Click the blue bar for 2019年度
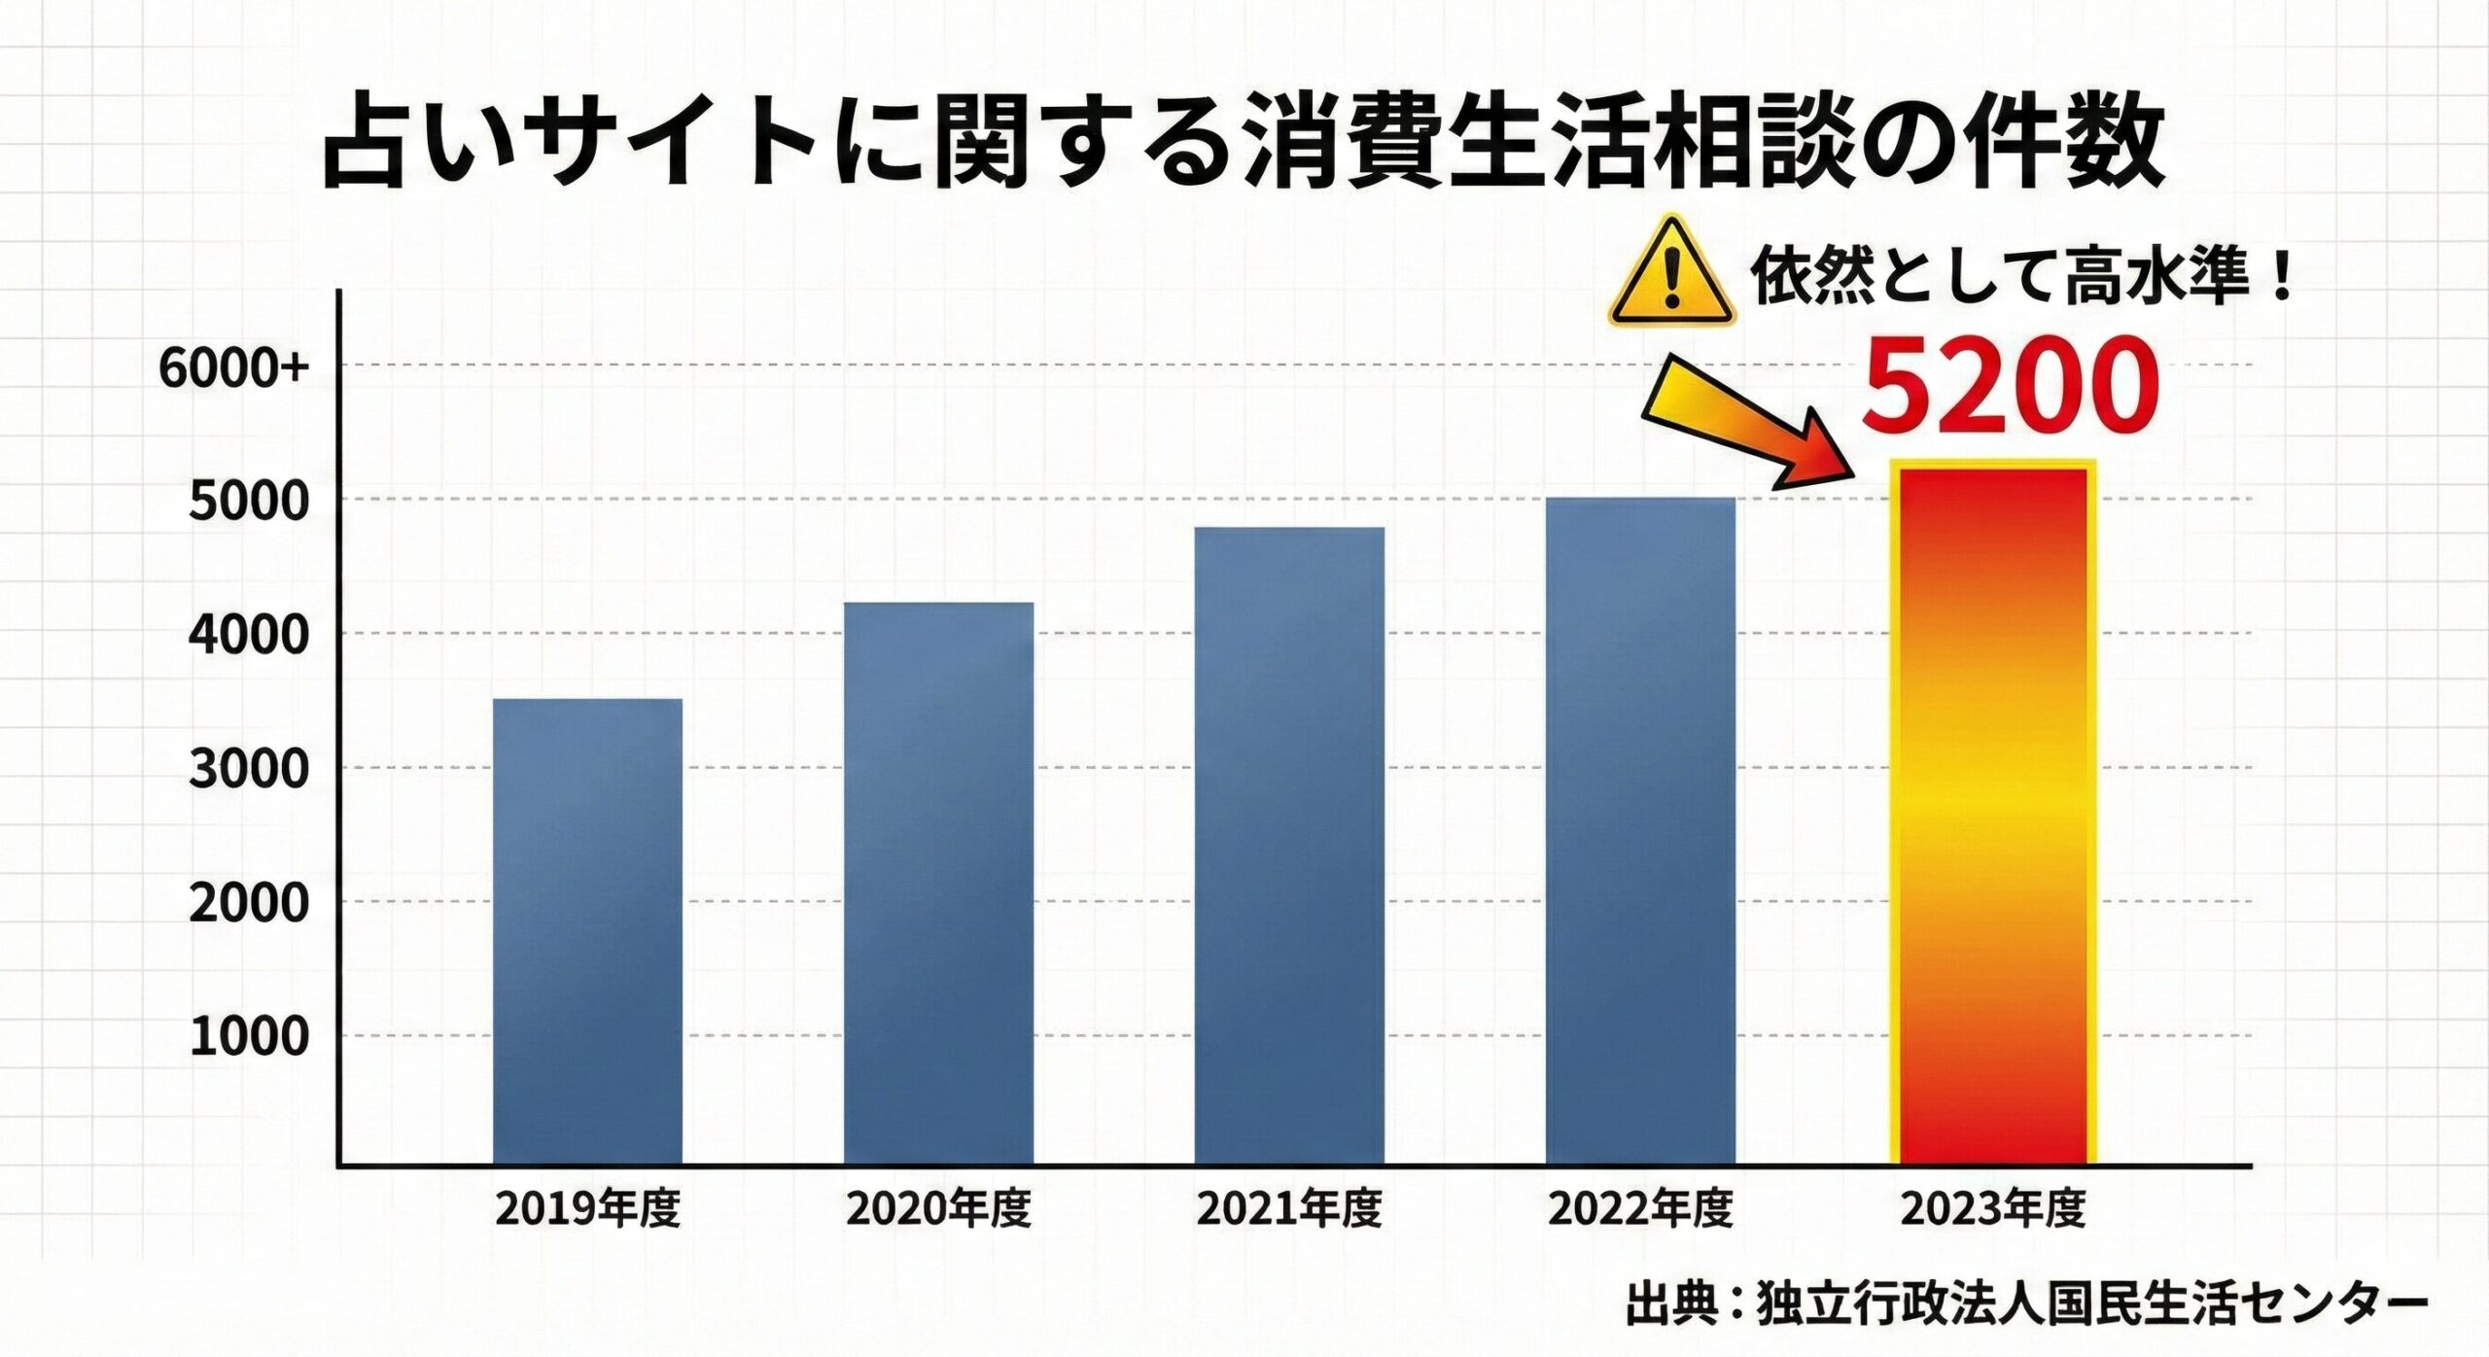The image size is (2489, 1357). click(587, 931)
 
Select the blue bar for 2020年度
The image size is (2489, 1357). click(938, 883)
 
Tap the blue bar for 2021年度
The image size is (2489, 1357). click(1289, 846)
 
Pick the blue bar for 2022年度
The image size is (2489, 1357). click(1640, 831)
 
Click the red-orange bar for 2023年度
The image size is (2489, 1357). click(1993, 817)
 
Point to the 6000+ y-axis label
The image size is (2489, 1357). click(234, 369)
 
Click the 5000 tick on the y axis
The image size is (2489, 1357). click(249, 503)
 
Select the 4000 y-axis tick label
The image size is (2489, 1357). click(249, 637)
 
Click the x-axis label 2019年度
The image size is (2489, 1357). click(587, 1210)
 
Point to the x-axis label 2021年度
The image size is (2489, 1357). click(1289, 1210)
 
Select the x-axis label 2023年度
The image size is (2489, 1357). click(1993, 1210)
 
